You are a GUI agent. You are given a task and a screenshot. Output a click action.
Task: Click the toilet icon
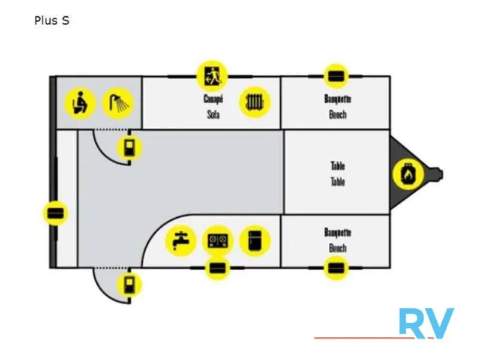point(80,103)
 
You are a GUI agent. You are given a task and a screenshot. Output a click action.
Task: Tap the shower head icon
point(118,103)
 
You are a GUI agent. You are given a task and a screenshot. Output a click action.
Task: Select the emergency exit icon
point(212,76)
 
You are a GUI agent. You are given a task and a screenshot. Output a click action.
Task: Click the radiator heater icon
point(254,102)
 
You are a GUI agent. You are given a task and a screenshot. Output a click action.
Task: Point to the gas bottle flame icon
point(408,174)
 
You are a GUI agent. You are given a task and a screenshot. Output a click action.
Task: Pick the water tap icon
point(181,241)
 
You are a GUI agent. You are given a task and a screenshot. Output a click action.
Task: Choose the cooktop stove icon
point(218,241)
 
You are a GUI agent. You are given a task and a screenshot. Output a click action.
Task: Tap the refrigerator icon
point(254,241)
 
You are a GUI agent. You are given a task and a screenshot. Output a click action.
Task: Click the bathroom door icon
point(130,148)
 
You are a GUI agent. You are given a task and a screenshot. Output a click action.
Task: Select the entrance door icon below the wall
point(130,285)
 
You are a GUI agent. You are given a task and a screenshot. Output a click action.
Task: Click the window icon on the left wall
point(55,213)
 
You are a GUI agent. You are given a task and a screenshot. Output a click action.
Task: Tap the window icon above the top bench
point(336,76)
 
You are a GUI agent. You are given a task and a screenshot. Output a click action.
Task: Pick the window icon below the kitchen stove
point(217,268)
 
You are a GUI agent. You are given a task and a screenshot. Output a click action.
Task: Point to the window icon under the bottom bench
point(336,268)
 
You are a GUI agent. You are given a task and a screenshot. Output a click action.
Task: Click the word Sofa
point(214,115)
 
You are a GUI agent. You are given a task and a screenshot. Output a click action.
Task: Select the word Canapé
point(214,99)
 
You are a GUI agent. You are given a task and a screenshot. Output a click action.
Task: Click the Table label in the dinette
point(338,182)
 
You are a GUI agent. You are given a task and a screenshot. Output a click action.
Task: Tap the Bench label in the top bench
point(338,115)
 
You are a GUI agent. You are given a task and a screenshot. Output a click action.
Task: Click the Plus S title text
point(52,20)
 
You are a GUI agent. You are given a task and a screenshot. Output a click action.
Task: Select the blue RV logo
point(427,323)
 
